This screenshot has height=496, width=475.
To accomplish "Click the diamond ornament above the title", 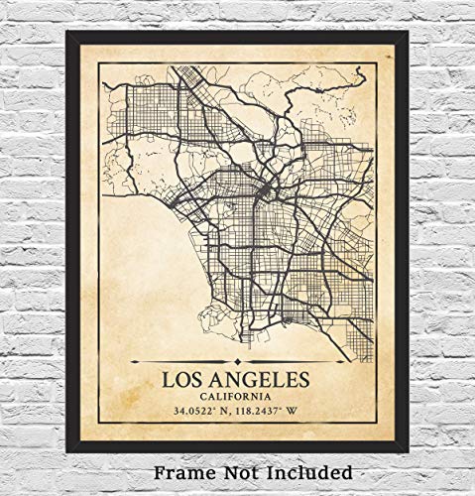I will click(237, 363).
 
